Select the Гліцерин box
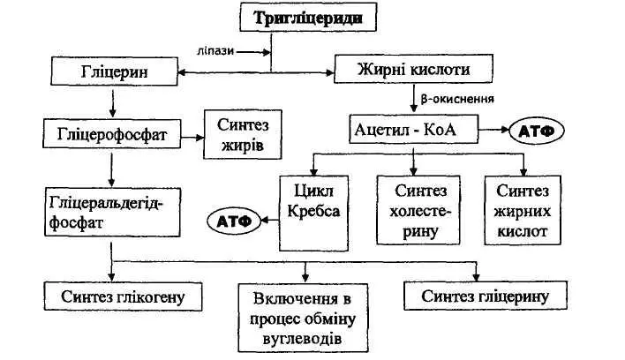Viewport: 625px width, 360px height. pos(111,70)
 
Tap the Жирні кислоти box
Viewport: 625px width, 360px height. pos(412,69)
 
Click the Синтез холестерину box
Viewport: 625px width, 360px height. pos(419,209)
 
